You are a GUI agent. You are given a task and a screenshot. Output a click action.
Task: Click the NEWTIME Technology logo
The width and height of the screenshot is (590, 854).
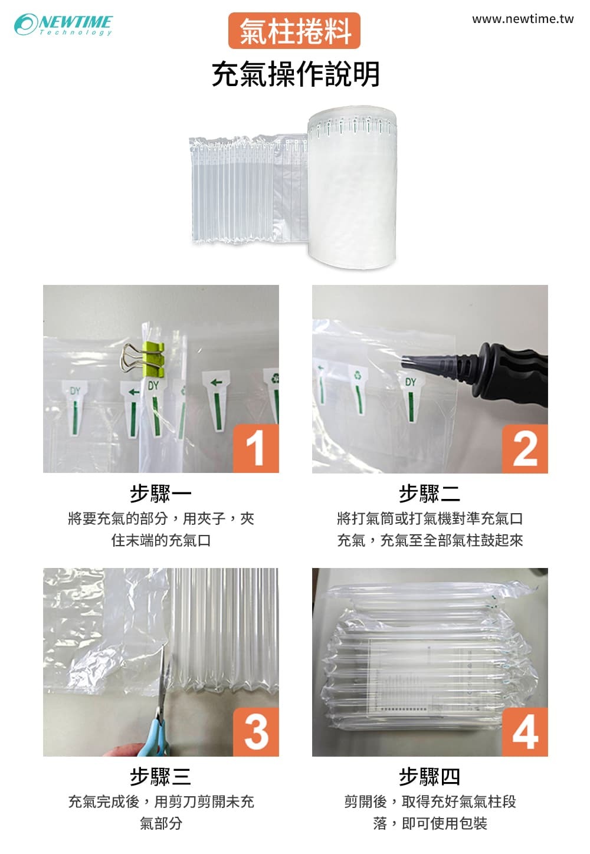click(63, 25)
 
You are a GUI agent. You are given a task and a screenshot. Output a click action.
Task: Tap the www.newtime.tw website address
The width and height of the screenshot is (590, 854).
click(523, 19)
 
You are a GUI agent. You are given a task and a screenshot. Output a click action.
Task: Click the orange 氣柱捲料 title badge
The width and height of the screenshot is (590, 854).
click(294, 31)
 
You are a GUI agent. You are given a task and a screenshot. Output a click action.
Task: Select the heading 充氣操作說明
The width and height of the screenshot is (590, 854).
click(296, 74)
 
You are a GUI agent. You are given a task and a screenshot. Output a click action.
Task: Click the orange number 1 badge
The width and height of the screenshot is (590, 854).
click(256, 448)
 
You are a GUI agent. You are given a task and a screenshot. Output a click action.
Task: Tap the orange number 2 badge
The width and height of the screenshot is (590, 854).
click(525, 449)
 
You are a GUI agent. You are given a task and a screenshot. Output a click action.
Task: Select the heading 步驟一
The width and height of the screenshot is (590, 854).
click(160, 494)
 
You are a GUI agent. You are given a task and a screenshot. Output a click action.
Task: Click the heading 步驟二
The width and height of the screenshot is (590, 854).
click(430, 494)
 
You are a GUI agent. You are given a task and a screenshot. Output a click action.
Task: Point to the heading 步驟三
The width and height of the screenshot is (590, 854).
click(160, 777)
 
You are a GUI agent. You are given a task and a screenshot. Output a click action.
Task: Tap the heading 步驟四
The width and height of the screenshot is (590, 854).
click(430, 777)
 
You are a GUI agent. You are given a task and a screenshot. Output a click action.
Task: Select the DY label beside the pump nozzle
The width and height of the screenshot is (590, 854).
click(411, 382)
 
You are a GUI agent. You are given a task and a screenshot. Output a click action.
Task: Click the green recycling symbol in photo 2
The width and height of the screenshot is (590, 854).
click(358, 375)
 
